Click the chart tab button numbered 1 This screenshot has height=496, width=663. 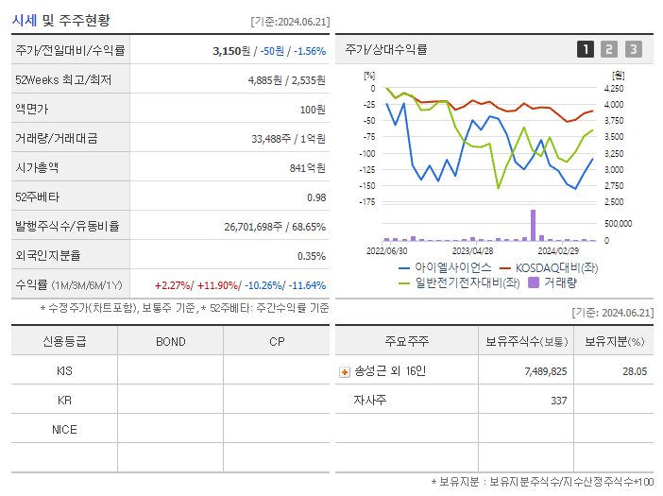pyautogui.click(x=586, y=49)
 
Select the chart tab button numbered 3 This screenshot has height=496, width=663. pyautogui.click(x=633, y=49)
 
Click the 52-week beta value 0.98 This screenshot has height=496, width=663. pyautogui.click(x=316, y=197)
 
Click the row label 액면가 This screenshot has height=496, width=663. pyautogui.click(x=37, y=110)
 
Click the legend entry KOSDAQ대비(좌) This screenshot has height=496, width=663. pyautogui.click(x=556, y=267)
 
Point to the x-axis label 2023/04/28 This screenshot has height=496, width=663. pyautogui.click(x=473, y=251)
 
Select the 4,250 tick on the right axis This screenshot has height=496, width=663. pyautogui.click(x=613, y=89)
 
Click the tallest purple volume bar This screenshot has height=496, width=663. pyautogui.click(x=533, y=225)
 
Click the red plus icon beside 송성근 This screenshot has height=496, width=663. pyautogui.click(x=344, y=372)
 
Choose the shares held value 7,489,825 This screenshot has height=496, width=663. pyautogui.click(x=545, y=372)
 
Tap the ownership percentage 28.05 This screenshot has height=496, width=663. pyautogui.click(x=634, y=372)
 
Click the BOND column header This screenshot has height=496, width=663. pyautogui.click(x=170, y=342)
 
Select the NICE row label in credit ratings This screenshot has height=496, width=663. pyautogui.click(x=64, y=430)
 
